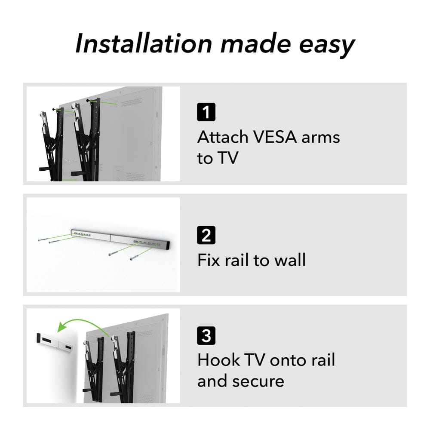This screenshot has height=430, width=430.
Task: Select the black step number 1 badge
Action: [x=206, y=112]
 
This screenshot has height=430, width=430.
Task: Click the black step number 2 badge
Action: [x=206, y=235]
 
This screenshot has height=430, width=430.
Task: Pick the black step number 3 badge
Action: [x=206, y=335]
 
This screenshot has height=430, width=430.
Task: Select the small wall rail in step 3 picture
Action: [x=54, y=341]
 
